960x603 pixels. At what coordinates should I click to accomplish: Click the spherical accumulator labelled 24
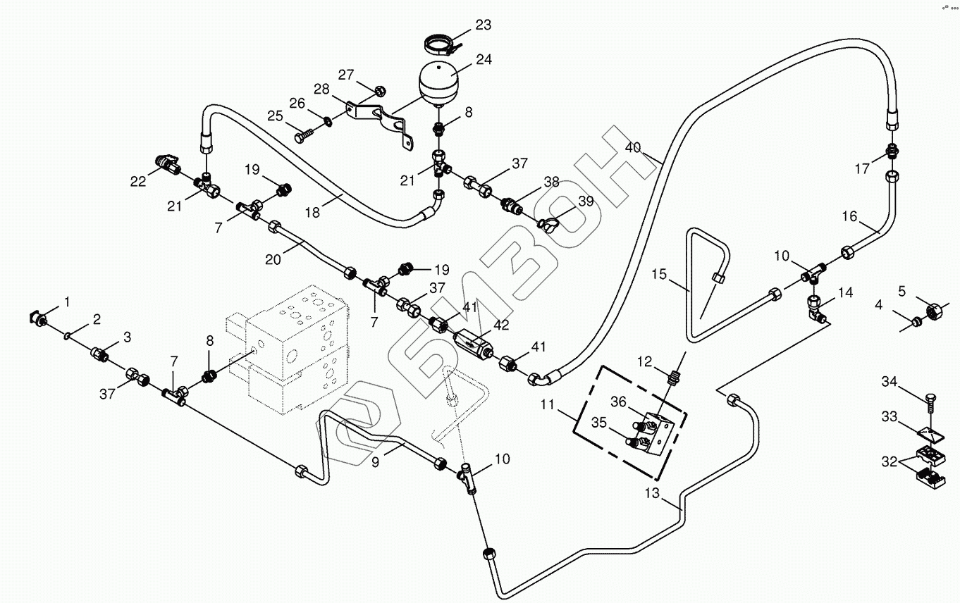coord(438,82)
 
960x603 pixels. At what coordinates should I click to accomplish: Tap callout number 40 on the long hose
coord(632,148)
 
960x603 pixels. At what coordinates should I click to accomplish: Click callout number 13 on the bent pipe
coord(652,493)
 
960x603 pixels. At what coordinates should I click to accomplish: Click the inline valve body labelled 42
coord(473,346)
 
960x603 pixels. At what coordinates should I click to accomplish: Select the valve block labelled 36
coord(658,431)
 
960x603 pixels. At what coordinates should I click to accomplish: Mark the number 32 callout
coord(890,461)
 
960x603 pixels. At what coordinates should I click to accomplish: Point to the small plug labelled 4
coord(916,322)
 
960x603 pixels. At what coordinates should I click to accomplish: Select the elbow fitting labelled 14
coord(816,309)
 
